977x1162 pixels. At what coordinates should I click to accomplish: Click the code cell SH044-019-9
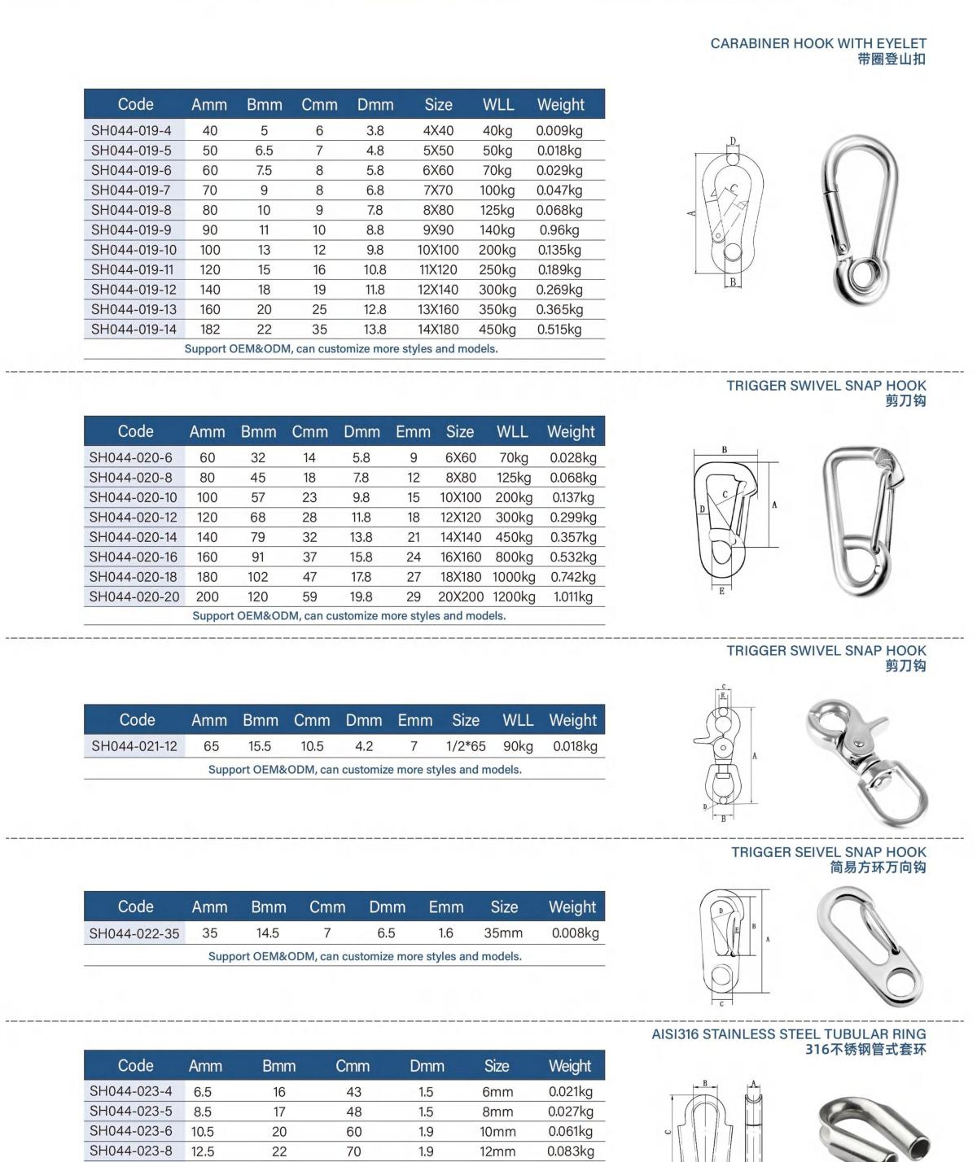coord(131,230)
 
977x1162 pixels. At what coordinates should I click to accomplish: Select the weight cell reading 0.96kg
coord(559,230)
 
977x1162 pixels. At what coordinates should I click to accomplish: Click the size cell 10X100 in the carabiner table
coord(438,250)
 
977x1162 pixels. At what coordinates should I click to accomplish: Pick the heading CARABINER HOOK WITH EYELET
coord(817,43)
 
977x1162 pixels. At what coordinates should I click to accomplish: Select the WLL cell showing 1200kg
coord(514,596)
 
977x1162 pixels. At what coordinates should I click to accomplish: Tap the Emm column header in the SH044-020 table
coord(413,432)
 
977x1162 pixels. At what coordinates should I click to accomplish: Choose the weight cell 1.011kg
coord(573,596)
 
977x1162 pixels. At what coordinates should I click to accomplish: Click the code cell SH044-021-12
coord(134,746)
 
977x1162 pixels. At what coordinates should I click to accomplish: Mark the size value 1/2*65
coord(466,746)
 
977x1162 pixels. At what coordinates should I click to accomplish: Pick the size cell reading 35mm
coord(503,933)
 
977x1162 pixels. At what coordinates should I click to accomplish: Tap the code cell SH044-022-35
coord(134,933)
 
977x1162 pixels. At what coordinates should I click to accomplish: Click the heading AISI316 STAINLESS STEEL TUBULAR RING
coord(788,1034)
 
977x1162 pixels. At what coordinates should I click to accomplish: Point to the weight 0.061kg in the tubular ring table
coord(570,1131)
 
